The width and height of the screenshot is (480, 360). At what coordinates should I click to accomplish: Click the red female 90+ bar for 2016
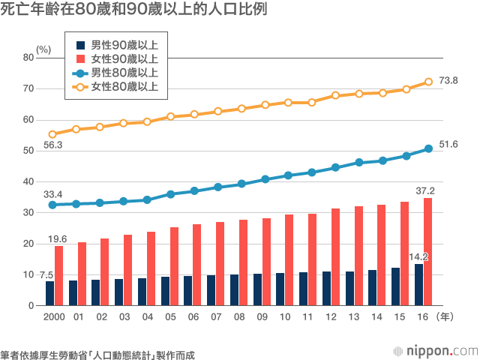pyautogui.click(x=427, y=252)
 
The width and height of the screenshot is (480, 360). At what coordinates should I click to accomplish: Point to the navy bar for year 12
pyautogui.click(x=326, y=289)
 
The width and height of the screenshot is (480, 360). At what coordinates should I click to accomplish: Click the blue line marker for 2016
pyautogui.click(x=428, y=148)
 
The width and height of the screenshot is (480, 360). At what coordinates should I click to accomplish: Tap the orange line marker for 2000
pyautogui.click(x=52, y=134)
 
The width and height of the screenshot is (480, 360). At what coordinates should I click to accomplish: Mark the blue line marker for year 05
pyautogui.click(x=170, y=194)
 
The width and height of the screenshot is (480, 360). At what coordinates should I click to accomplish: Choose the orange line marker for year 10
pyautogui.click(x=287, y=102)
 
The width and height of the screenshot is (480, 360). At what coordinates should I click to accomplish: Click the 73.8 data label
pyautogui.click(x=448, y=80)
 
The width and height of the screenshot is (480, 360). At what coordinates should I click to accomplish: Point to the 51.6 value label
pyautogui.click(x=448, y=144)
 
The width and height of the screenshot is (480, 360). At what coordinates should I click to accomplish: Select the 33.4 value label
pyautogui.click(x=52, y=194)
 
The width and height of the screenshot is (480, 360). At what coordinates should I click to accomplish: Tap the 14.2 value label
pyautogui.click(x=418, y=256)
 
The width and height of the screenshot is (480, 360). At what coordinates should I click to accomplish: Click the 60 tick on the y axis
pyautogui.click(x=28, y=119)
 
